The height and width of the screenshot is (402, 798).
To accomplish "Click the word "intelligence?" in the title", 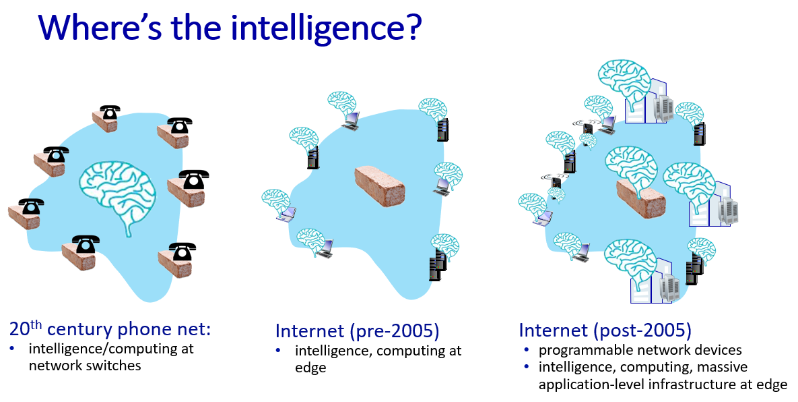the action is point(327,28).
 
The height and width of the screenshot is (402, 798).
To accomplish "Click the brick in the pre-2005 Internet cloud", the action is point(380,186).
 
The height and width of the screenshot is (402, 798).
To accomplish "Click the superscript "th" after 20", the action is point(36,324).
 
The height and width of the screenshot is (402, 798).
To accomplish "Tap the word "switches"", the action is point(110,366).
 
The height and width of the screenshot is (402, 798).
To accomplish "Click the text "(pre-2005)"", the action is point(394,331).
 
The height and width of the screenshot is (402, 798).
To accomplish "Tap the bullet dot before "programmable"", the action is point(527,351).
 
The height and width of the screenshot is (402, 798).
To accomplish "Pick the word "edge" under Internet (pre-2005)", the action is point(310,368).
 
